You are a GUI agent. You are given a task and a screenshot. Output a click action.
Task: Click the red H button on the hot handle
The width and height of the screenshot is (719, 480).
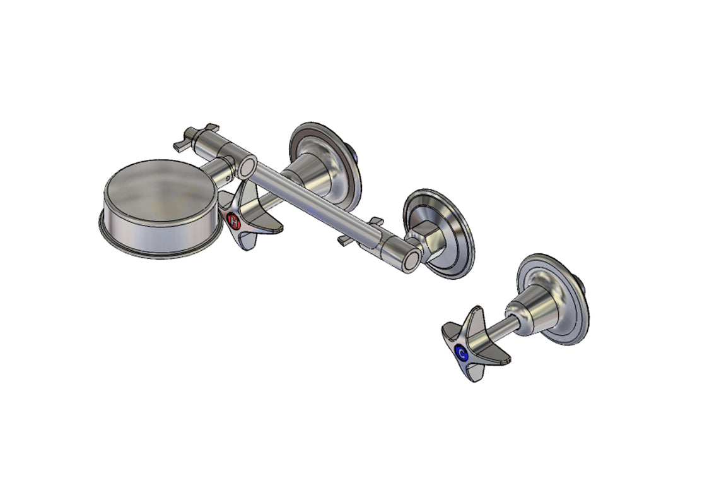point(233,222)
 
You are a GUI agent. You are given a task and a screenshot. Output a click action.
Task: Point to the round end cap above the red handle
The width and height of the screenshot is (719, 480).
point(247,167)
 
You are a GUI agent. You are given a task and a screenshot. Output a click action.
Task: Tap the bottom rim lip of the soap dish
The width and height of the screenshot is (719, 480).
point(158,249)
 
